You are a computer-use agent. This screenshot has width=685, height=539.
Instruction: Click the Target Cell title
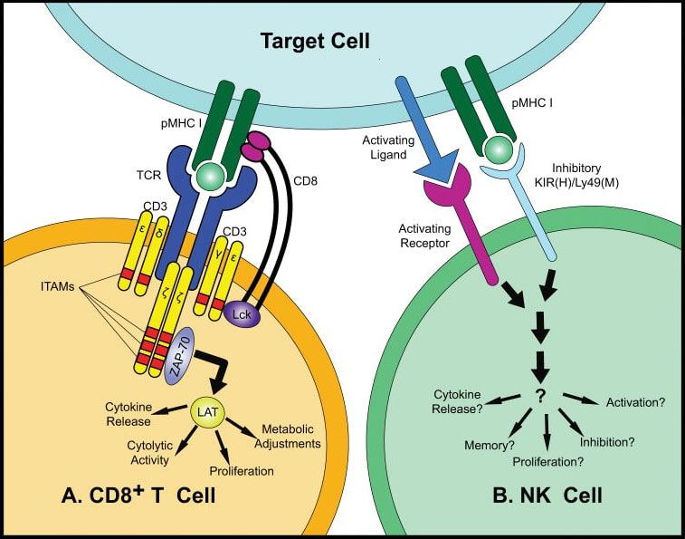(x=315, y=41)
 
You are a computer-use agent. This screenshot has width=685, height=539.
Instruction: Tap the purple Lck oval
(x=242, y=313)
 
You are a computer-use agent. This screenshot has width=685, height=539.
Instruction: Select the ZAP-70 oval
(x=178, y=356)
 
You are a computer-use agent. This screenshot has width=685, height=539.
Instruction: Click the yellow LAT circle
(x=207, y=412)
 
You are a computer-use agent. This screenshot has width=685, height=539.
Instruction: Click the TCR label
(x=148, y=176)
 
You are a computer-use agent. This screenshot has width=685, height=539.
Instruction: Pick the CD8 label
(x=305, y=180)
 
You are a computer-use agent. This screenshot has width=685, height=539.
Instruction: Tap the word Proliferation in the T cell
(x=242, y=471)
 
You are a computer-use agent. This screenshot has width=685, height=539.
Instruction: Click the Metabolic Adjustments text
(x=288, y=437)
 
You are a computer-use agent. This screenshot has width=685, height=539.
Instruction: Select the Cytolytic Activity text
(x=150, y=453)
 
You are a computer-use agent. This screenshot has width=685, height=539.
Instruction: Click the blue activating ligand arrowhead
(x=438, y=167)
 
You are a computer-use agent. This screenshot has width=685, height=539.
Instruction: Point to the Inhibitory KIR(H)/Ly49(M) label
(x=576, y=175)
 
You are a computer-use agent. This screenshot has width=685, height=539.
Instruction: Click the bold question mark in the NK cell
(x=540, y=396)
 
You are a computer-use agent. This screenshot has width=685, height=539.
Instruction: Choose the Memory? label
(x=490, y=446)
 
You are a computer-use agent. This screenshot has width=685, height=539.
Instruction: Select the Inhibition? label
(x=607, y=442)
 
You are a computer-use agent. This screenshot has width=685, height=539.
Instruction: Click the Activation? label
(x=635, y=402)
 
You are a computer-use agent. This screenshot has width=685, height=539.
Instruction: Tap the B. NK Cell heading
(x=547, y=496)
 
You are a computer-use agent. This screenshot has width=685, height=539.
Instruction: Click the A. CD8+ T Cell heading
(x=139, y=495)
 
